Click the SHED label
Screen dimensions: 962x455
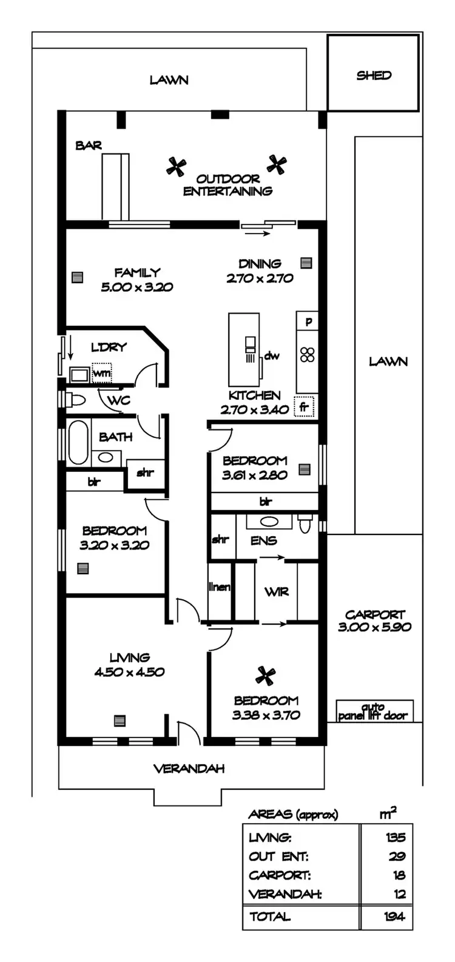click(x=374, y=76)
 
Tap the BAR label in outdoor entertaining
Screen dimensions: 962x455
click(x=88, y=146)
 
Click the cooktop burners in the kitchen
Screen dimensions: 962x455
click(x=308, y=354)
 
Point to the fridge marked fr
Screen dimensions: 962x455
click(x=303, y=407)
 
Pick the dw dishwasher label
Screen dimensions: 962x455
click(x=272, y=356)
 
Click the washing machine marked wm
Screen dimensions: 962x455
click(x=101, y=374)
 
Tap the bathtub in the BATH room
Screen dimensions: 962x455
click(x=77, y=441)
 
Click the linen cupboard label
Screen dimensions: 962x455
click(x=220, y=587)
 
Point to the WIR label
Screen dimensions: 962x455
click(x=276, y=591)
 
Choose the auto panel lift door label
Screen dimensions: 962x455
click(x=372, y=711)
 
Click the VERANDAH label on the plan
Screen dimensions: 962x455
click(x=189, y=769)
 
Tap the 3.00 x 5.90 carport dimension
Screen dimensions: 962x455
click(x=374, y=627)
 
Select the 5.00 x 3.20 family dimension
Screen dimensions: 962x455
click(x=137, y=287)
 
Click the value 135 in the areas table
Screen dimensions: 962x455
click(x=395, y=838)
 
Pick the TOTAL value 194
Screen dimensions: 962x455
click(x=395, y=917)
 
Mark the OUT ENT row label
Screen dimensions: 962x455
click(x=278, y=857)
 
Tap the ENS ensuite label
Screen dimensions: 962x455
click(x=263, y=540)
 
